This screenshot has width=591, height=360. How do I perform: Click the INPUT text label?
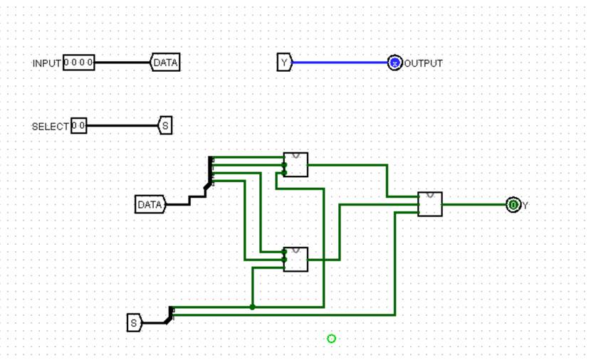pos(46,63)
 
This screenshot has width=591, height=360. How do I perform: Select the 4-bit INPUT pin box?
pos(78,63)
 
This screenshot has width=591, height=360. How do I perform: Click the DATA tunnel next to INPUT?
pos(165,63)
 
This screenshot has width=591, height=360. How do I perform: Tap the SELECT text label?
pos(50,127)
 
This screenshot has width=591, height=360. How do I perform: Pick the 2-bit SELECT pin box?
pos(78,126)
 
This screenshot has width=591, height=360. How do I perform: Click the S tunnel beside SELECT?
pos(165,126)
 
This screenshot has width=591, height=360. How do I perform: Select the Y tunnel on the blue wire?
pos(284,63)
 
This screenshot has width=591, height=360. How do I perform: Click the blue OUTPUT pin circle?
pos(394,63)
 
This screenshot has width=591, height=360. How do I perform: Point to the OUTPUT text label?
pos(424,63)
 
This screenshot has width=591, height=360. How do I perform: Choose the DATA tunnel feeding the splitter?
pos(150,205)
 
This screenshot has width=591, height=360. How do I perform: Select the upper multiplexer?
pos(295,164)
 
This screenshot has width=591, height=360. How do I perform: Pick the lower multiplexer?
pos(295,260)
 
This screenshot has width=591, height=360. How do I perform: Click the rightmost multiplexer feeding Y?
pos(430,204)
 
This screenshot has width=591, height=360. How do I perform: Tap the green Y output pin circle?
pos(513,205)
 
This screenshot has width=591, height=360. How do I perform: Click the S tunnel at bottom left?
pos(134,322)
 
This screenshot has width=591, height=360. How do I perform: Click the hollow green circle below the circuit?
pos(331,339)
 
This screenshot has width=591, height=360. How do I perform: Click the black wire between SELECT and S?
pos(121,126)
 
